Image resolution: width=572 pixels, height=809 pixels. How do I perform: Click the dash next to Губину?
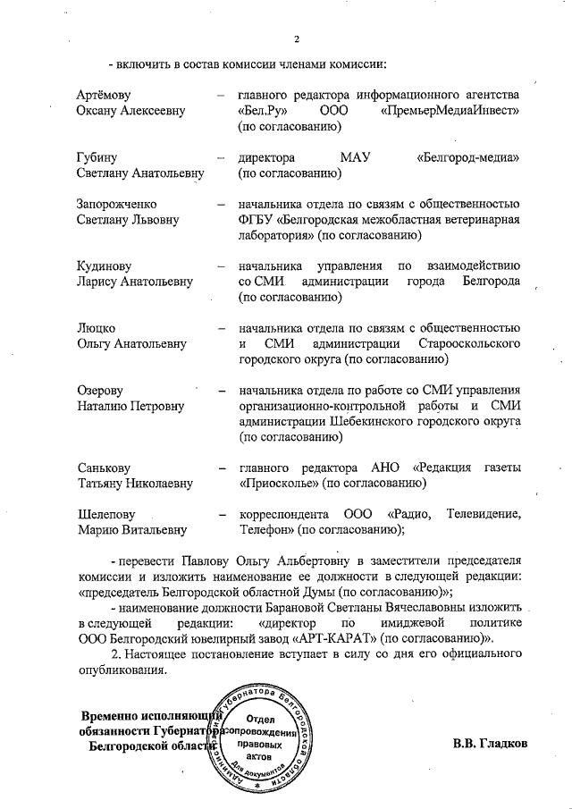(x=220, y=157)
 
